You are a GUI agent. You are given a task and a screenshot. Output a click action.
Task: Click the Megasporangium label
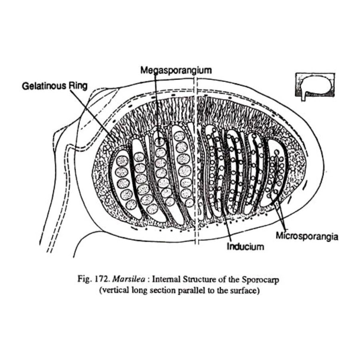pos(176,70)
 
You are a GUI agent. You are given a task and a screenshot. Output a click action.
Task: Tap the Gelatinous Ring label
pos(54,86)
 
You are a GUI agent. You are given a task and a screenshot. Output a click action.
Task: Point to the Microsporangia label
pos(307,236)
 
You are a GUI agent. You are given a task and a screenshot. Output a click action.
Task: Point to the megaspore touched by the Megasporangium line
pos(160,142)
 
